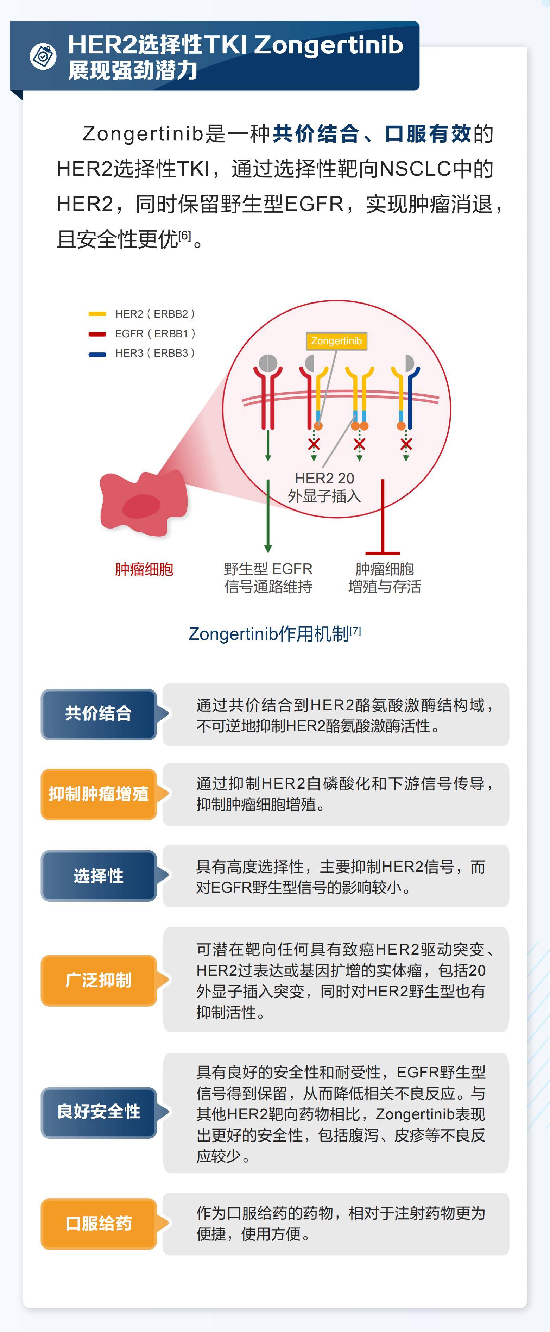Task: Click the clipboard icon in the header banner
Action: coord(43,56)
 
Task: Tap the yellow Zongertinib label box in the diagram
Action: coord(336,341)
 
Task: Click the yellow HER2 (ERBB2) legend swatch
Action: coord(97,314)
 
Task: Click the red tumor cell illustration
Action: coord(143,502)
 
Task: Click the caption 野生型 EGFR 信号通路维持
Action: coord(268,577)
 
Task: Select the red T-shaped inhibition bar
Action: coord(383,517)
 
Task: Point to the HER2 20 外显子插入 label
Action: coord(324,487)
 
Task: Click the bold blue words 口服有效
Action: coord(428,134)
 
